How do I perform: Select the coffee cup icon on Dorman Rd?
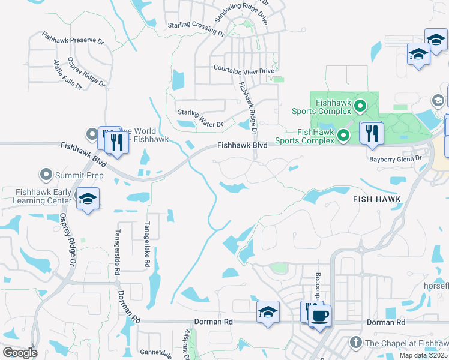(x=320, y=316)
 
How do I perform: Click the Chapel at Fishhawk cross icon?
(x=355, y=343)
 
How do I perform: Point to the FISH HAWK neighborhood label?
(x=376, y=199)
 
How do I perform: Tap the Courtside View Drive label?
(x=244, y=70)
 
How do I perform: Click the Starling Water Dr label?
(x=200, y=112)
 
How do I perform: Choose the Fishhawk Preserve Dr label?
(x=73, y=40)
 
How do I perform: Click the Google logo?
(x=20, y=353)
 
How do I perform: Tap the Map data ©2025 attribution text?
(x=424, y=355)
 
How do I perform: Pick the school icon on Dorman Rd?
(x=268, y=313)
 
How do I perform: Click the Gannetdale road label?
(x=157, y=352)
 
